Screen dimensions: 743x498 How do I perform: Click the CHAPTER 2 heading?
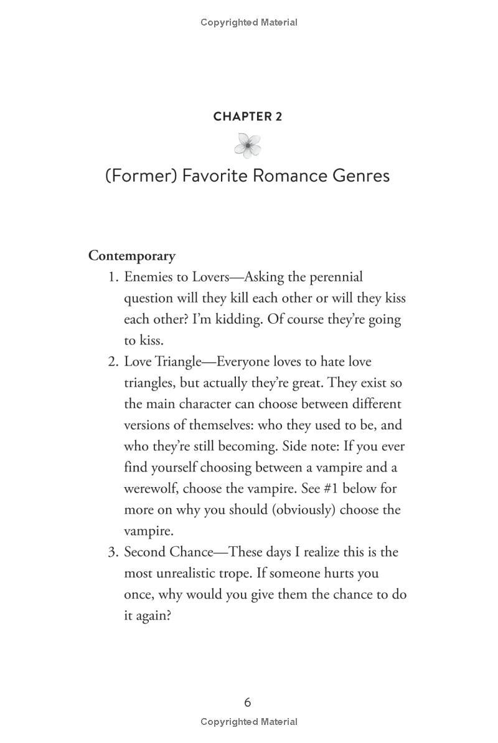pyautogui.click(x=247, y=116)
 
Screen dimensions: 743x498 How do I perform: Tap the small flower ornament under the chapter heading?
pyautogui.click(x=247, y=146)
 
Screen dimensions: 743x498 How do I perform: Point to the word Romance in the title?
pyautogui.click(x=283, y=176)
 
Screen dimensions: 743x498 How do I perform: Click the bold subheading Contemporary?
pyautogui.click(x=132, y=255)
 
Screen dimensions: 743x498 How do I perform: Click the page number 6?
pyautogui.click(x=248, y=703)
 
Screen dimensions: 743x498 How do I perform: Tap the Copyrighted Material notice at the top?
pyautogui.click(x=249, y=22)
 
